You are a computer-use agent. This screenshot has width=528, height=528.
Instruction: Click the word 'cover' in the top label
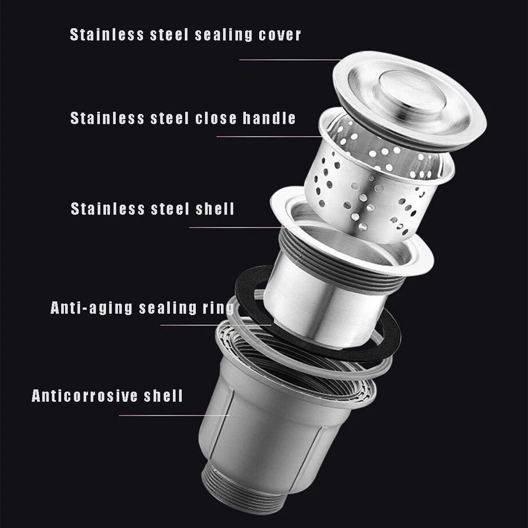tap(279, 35)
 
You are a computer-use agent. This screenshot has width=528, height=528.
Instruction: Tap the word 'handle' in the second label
tap(269, 118)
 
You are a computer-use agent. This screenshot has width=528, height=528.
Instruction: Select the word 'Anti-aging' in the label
tap(91, 308)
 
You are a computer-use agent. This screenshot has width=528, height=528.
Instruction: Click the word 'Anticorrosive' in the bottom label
tap(84, 395)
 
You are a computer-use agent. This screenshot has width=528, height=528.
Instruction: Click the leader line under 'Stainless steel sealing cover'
tap(290, 60)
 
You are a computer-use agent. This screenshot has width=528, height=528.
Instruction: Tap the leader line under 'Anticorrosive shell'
tap(174, 415)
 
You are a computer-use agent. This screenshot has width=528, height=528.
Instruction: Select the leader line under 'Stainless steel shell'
tap(237, 228)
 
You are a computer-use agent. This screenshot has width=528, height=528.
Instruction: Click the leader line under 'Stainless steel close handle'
tap(269, 137)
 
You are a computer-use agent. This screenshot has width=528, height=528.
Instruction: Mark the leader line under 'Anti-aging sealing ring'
tap(216, 325)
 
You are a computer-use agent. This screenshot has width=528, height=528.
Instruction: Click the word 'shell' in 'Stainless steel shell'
tap(215, 209)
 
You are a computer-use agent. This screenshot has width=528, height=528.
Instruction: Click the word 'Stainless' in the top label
tap(107, 35)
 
